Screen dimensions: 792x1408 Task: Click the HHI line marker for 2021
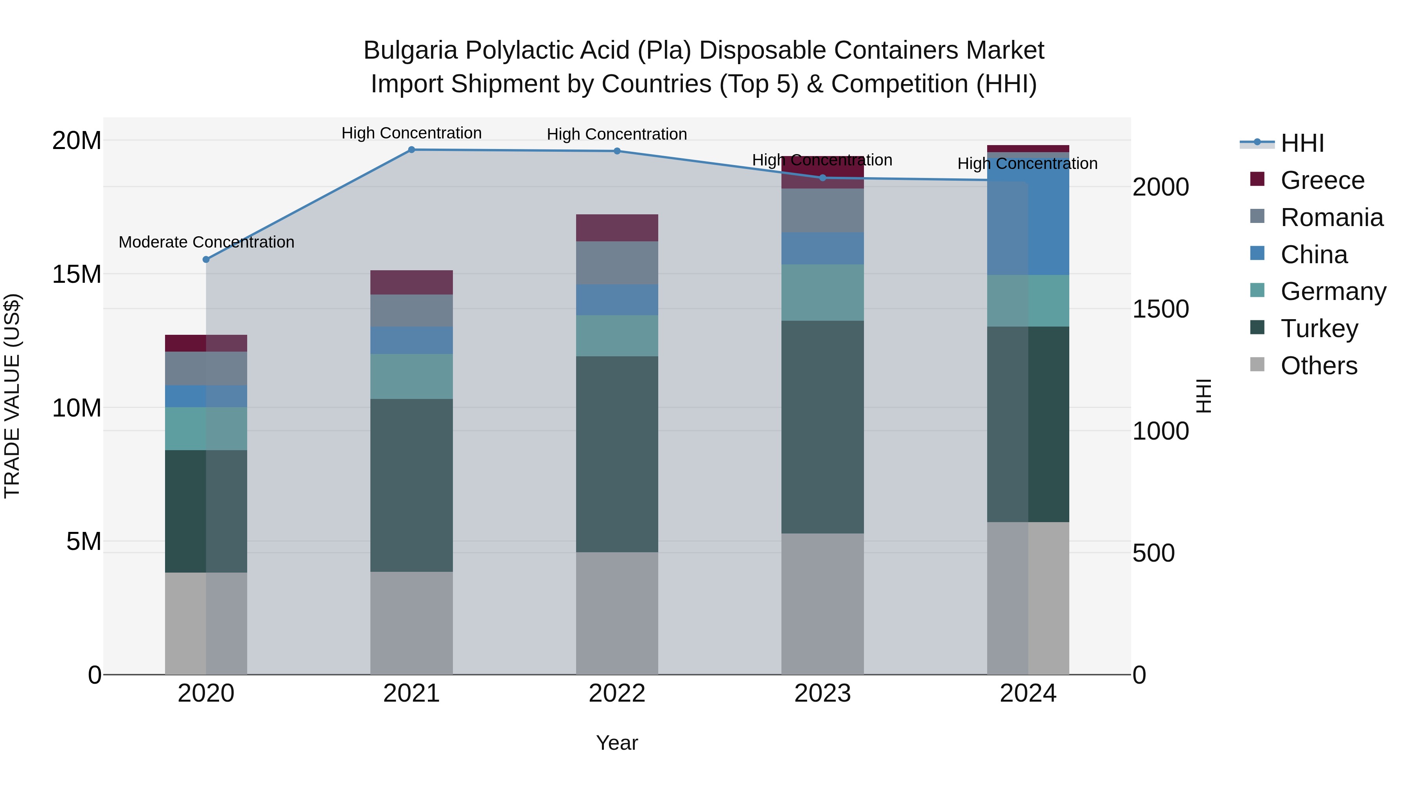411,150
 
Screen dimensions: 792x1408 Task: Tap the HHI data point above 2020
206,260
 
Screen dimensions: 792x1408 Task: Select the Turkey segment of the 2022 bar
617,454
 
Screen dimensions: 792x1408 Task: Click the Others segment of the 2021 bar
411,623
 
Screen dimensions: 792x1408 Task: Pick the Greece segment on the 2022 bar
617,228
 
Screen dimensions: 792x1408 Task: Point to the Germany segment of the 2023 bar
823,293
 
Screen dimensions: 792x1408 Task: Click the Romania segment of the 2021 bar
411,311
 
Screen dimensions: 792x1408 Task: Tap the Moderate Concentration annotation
206,242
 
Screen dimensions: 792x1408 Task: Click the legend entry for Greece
1322,180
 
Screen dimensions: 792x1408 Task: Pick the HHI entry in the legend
1302,143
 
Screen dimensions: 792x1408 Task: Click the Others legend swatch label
1318,366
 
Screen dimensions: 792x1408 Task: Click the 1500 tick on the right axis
1160,309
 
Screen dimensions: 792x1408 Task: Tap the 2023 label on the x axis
823,693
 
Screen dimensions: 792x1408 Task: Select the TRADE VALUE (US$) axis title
12,396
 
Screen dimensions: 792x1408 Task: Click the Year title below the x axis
617,743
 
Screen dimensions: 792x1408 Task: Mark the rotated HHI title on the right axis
1203,396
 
